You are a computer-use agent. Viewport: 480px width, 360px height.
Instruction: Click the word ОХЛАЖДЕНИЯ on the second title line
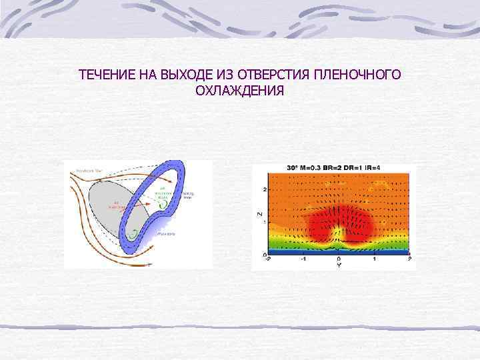[239, 89]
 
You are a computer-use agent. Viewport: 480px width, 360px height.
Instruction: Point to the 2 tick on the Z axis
[265, 190]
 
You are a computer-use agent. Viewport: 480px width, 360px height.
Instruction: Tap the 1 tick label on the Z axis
[265, 222]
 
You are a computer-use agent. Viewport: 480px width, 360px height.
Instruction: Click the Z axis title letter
[259, 215]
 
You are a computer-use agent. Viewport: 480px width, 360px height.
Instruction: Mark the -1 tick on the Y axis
[303, 259]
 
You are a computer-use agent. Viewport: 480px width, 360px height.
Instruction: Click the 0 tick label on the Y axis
[339, 259]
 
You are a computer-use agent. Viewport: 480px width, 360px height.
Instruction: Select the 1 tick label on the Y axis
[375, 259]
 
